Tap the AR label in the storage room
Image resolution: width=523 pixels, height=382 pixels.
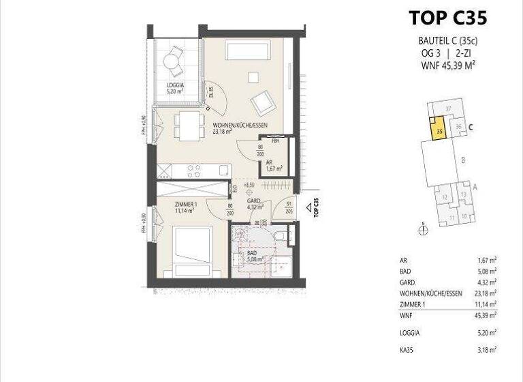click(269, 162)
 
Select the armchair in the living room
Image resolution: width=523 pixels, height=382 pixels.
click(263, 102)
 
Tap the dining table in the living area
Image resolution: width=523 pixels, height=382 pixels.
click(189, 125)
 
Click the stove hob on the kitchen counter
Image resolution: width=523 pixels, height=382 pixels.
click(192, 169)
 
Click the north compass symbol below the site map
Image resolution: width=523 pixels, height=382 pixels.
click(423, 230)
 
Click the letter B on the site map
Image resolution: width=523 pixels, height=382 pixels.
click(463, 161)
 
